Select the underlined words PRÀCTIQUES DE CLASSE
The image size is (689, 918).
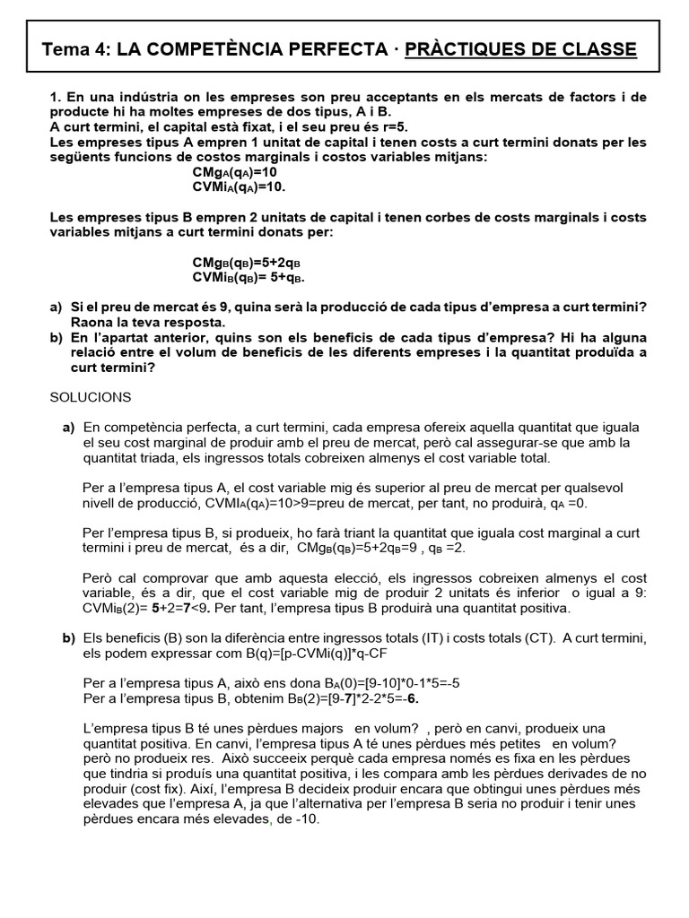coord(520,49)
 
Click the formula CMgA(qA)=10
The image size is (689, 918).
coord(235,171)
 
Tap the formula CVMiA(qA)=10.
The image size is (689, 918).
coord(239,186)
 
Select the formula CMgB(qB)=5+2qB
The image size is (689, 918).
coord(246,262)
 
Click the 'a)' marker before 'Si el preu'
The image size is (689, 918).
coord(57,307)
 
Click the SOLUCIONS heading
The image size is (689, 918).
coord(90,396)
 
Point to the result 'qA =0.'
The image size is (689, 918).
coord(565,503)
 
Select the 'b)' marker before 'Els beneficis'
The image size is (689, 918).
coord(68,638)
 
